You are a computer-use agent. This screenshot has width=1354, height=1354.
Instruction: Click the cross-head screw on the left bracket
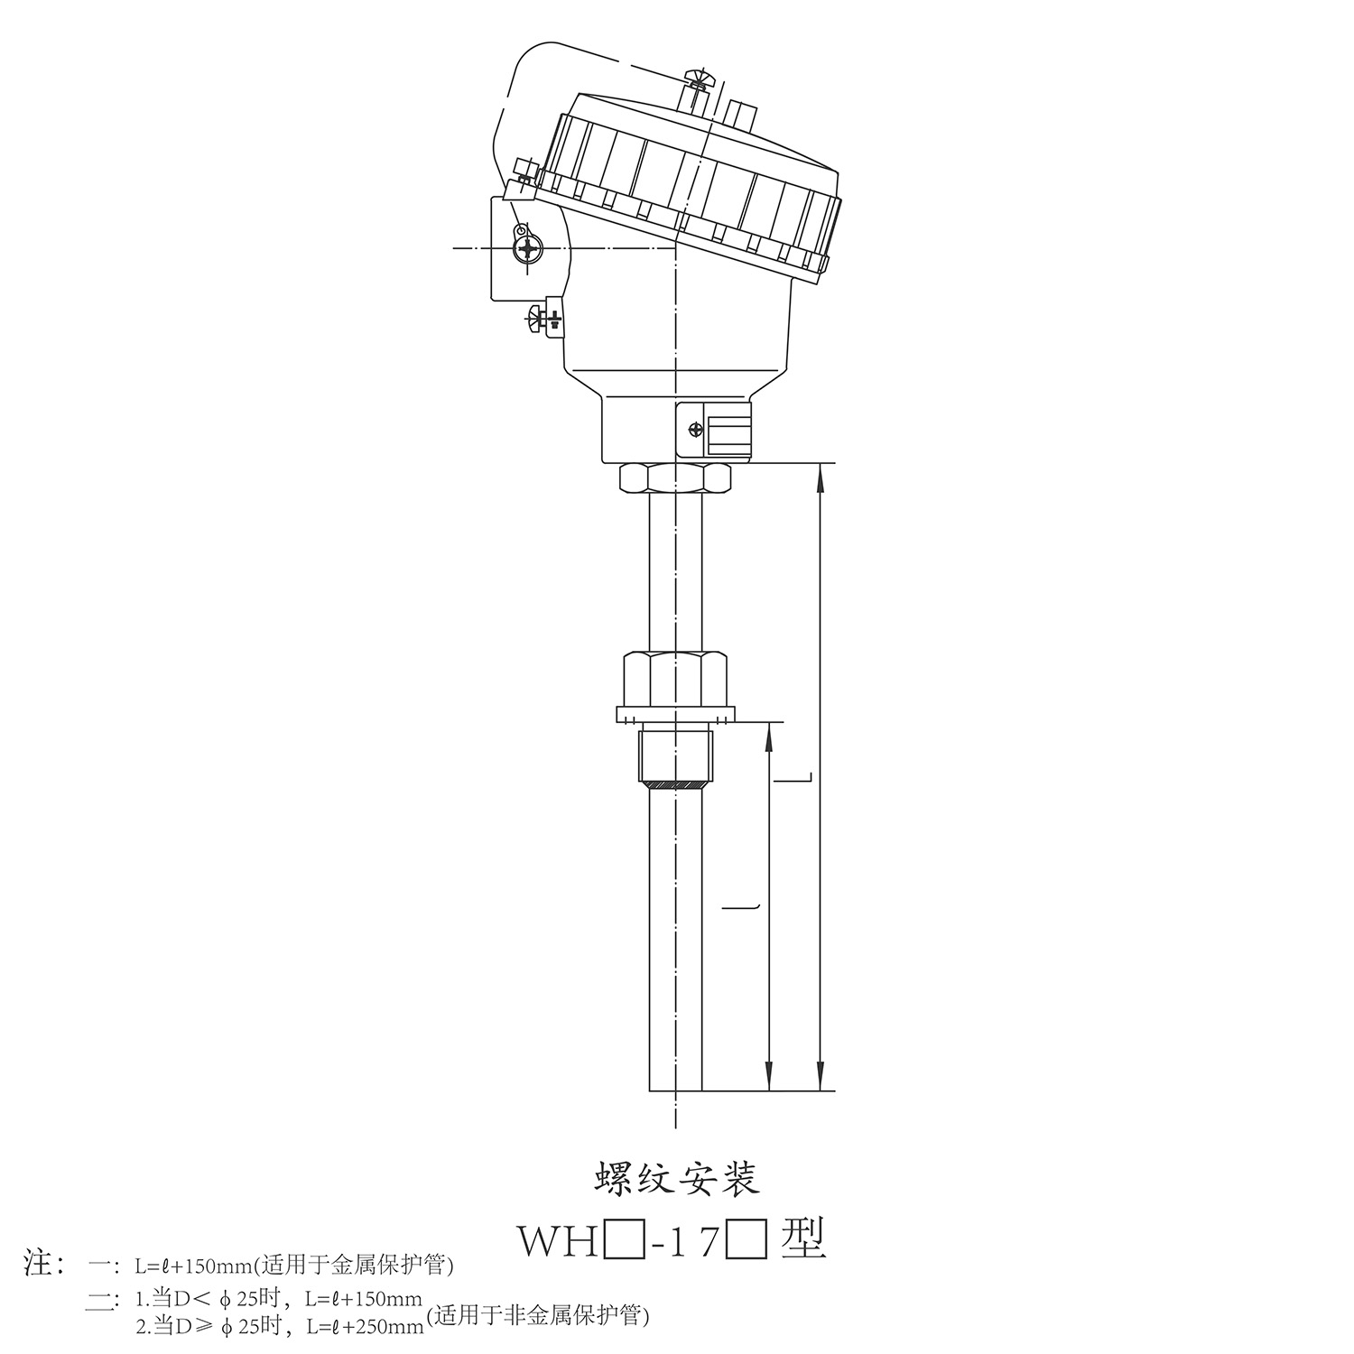coord(526,246)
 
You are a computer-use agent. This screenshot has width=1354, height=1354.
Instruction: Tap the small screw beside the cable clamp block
coord(695,430)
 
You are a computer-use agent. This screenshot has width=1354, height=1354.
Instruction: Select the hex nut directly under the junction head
coord(675,478)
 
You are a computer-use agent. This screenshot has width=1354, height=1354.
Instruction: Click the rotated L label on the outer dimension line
coord(806,776)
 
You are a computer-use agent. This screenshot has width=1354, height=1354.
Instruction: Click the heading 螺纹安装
coord(676,1180)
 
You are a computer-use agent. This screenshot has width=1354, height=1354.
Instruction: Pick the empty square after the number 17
coord(747,1244)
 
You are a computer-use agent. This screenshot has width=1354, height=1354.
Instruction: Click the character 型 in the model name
coord(802,1241)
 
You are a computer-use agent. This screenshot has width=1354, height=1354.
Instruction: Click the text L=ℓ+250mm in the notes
coord(365,1327)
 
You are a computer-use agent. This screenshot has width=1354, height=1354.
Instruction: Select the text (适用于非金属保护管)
coord(537,1316)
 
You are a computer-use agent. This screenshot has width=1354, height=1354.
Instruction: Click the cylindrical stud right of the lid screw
coord(738,112)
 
